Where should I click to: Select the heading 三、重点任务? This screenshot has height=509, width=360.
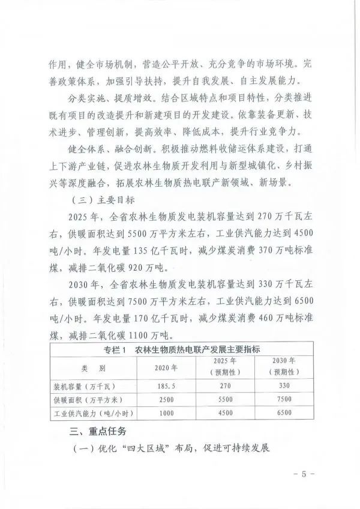coord(97,431)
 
